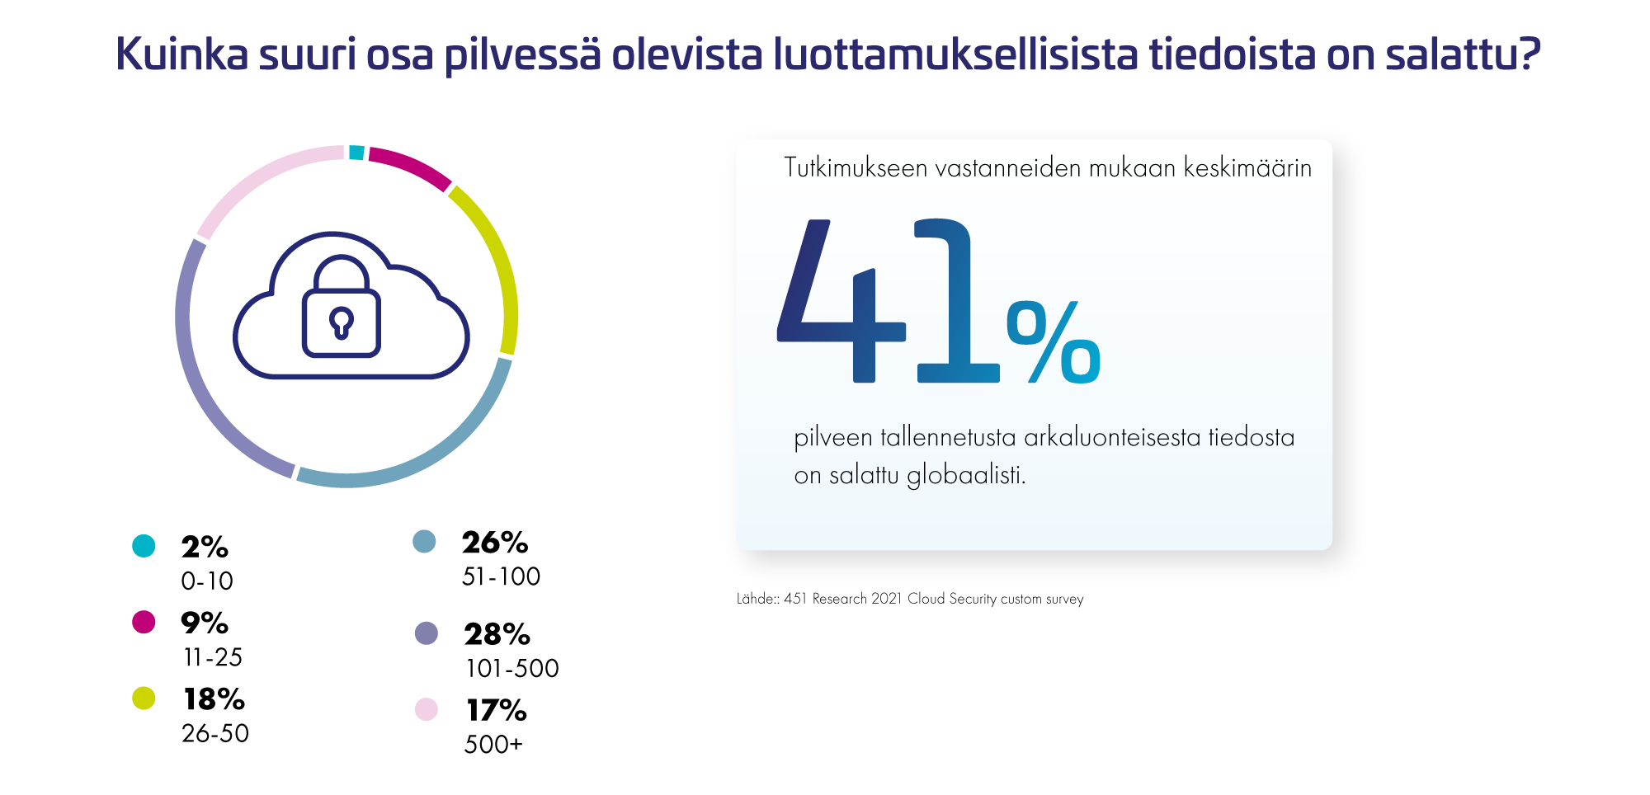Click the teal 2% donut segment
pyautogui.click(x=356, y=153)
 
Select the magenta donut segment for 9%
pyautogui.click(x=411, y=166)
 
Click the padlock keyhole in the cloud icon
pyautogui.click(x=341, y=322)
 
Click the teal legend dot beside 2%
pyautogui.click(x=144, y=546)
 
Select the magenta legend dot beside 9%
pyautogui.click(x=144, y=622)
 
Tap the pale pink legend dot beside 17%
pyautogui.click(x=426, y=709)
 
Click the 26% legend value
pyautogui.click(x=495, y=543)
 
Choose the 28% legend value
pyautogui.click(x=497, y=634)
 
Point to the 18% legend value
pyautogui.click(x=214, y=699)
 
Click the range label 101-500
pyautogui.click(x=512, y=668)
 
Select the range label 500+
pyautogui.click(x=493, y=744)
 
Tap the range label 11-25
pyautogui.click(x=213, y=657)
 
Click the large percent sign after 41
pyautogui.click(x=1054, y=342)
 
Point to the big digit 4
pyautogui.click(x=841, y=301)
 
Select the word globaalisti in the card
pyautogui.click(x=966, y=476)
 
